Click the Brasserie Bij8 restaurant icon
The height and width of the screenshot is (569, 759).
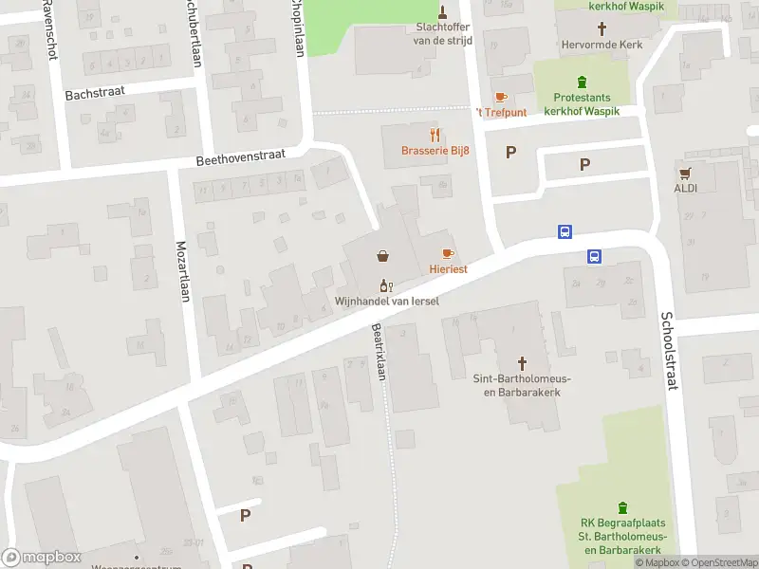tap(435, 135)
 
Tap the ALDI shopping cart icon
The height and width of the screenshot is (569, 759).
tap(685, 173)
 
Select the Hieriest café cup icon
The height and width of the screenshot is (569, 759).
tap(448, 253)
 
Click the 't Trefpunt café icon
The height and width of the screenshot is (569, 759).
tap(500, 97)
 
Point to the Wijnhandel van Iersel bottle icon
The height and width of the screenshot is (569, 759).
tap(385, 285)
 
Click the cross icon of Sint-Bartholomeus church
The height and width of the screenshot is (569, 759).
tap(522, 362)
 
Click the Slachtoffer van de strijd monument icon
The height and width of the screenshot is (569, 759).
tap(442, 11)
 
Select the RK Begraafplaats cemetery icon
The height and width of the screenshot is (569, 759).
tap(622, 507)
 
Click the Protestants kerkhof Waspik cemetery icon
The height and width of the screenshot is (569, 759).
tap(583, 82)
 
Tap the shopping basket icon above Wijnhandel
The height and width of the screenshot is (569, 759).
tap(382, 255)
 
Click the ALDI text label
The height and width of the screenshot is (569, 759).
tap(685, 188)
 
